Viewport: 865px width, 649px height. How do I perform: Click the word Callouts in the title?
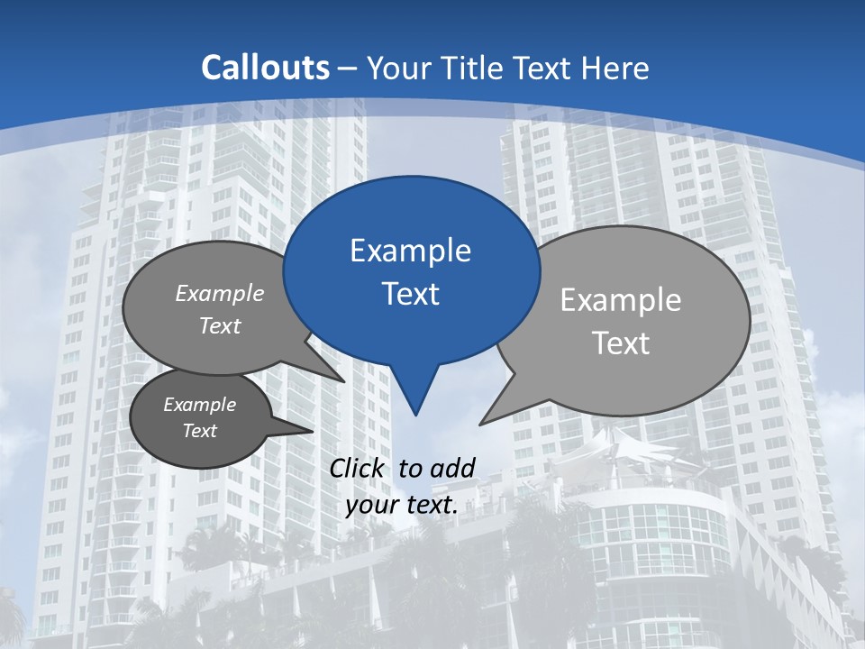pyautogui.click(x=265, y=68)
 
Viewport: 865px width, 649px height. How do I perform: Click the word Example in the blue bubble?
pyautogui.click(x=410, y=251)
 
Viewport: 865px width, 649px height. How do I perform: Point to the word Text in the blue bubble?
pyautogui.click(x=410, y=294)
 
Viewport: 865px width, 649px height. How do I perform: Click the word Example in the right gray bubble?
pyautogui.click(x=620, y=300)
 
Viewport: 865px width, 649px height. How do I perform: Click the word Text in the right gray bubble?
pyautogui.click(x=620, y=343)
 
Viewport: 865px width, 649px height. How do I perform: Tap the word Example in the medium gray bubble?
pyautogui.click(x=220, y=294)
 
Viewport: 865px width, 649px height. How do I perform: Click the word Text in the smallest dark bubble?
pyautogui.click(x=200, y=431)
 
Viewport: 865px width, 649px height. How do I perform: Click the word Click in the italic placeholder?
pyautogui.click(x=359, y=468)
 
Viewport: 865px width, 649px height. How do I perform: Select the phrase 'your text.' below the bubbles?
pyautogui.click(x=401, y=506)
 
